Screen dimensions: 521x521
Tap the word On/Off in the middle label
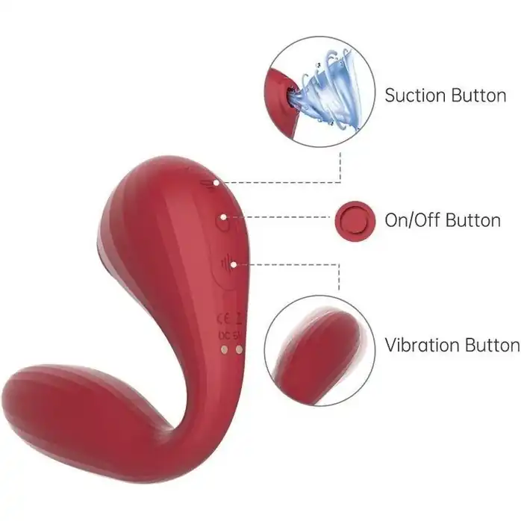coord(412,220)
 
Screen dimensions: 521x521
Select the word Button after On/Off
coord(472,220)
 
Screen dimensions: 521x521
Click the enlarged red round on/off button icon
coord(355,221)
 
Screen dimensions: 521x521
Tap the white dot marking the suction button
coord(216,183)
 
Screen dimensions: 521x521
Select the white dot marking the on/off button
coord(224,217)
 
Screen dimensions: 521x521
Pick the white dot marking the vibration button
coord(234,265)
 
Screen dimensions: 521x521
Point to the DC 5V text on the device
coord(230,336)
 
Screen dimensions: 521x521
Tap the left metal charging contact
coord(225,349)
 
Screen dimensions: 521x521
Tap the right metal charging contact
coord(239,349)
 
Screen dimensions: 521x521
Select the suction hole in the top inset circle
coord(290,95)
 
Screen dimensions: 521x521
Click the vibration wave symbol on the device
coord(227,264)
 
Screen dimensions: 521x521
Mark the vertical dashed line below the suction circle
coord(340,167)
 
